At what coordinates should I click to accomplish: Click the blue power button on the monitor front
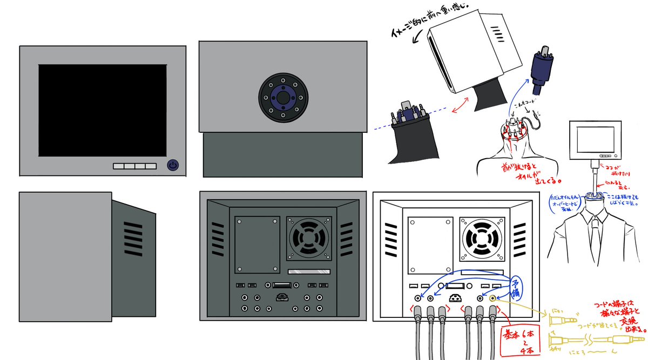[x=172, y=165]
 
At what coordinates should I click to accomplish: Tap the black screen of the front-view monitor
[x=103, y=110]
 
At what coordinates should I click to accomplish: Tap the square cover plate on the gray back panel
[x=258, y=244]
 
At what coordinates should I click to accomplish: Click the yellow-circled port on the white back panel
[x=492, y=297]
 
